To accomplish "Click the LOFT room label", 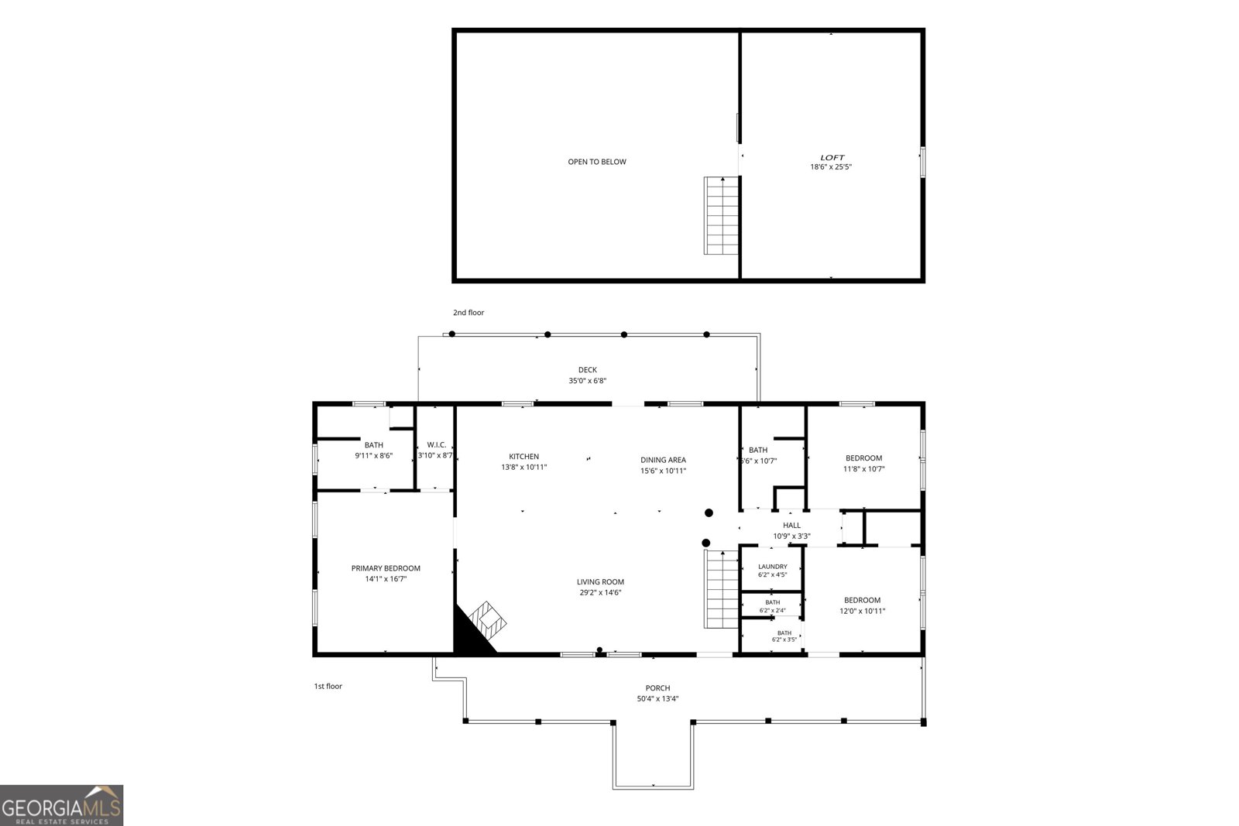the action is [832, 158].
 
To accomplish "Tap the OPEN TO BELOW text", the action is [597, 162].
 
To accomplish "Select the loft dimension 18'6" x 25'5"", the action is [831, 167].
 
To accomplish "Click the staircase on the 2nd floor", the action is [721, 216].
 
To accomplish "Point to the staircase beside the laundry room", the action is [721, 589].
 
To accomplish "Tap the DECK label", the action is [588, 370].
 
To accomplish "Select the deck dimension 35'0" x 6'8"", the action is [588, 381].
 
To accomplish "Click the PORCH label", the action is [657, 688].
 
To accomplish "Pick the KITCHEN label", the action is [523, 457].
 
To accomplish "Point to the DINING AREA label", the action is [663, 460].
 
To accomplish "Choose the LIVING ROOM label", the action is [600, 582].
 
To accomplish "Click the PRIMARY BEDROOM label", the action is [386, 568].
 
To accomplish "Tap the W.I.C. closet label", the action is [437, 445].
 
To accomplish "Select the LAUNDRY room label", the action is [773, 567].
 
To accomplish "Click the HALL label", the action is [791, 526].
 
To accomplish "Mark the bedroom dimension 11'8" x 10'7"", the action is [864, 469].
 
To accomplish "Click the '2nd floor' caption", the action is [468, 313].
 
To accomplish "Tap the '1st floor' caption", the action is [328, 687].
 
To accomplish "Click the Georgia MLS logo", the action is [61, 806].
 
